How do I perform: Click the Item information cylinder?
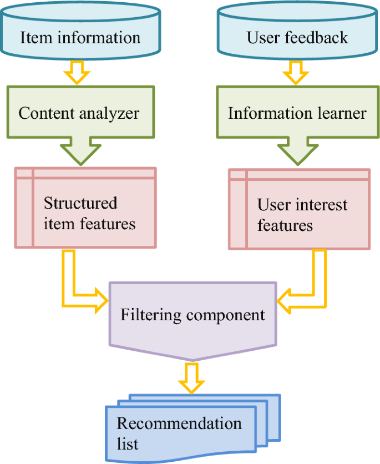point(80,38)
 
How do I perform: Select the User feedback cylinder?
point(297,38)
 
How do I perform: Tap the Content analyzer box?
point(79,113)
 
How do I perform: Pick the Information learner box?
point(297,113)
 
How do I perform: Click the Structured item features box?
point(85,213)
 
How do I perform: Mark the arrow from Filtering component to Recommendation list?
point(192,377)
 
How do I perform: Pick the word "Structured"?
point(80,203)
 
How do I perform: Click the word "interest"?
point(320,205)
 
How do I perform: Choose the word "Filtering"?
point(151,315)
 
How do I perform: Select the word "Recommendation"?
point(179,424)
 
